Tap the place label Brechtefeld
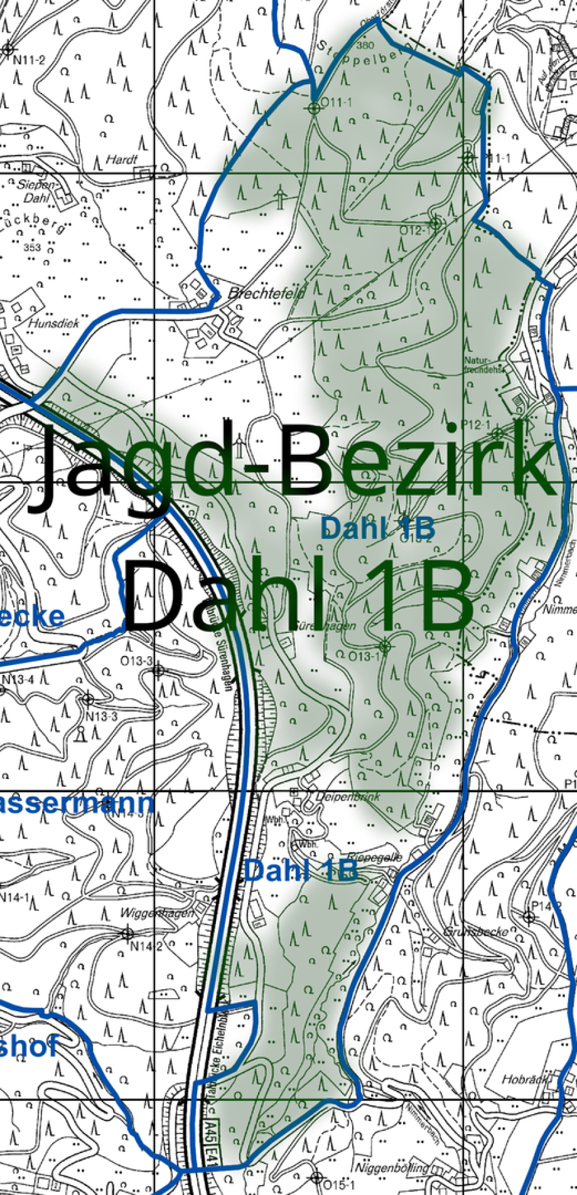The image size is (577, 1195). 266,293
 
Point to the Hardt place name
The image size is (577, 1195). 121,160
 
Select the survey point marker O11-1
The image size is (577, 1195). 314,108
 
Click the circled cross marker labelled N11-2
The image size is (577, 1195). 8,49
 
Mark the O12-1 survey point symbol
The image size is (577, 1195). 435,223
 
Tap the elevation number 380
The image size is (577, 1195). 364,46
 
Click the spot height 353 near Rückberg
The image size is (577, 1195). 32,247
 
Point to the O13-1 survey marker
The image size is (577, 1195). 385,646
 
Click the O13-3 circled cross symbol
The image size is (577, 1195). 158,671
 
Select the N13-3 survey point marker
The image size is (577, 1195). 88,699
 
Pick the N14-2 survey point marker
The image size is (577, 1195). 127,933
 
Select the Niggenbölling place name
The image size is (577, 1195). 392,1167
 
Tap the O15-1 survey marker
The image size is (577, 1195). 317,1177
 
